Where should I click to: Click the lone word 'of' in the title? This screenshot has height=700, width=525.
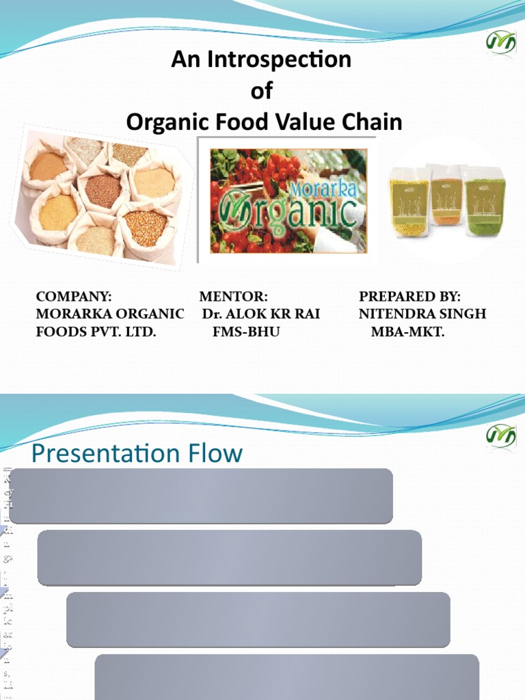(262, 91)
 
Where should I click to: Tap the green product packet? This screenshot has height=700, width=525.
(484, 202)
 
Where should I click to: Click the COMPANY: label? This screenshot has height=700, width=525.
(74, 297)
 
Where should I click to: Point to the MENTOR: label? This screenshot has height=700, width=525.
(233, 297)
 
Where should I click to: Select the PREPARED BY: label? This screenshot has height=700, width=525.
(410, 297)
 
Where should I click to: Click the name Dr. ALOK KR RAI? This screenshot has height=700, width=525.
(261, 314)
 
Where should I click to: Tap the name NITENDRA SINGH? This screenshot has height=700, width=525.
(422, 314)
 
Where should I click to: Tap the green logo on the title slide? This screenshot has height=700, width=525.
(500, 42)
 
